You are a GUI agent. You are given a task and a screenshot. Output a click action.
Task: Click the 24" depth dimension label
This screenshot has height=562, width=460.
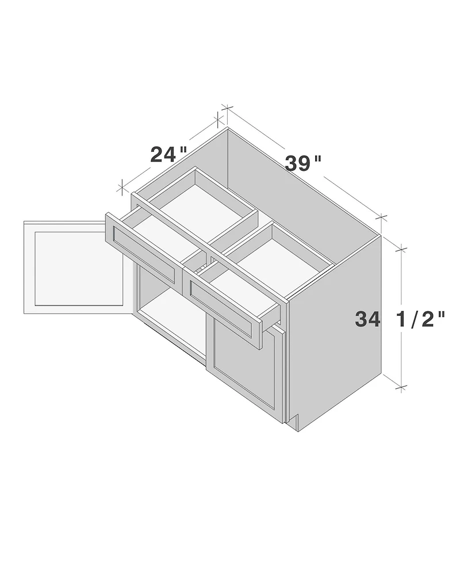point(168,154)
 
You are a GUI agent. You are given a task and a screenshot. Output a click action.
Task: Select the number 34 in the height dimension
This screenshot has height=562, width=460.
point(367,319)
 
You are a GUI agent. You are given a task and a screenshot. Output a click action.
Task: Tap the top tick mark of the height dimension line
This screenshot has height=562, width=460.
point(401,249)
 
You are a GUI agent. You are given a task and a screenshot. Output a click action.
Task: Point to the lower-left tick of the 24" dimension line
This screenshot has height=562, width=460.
point(121,186)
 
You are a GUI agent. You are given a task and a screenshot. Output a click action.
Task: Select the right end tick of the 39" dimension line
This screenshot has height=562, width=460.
point(382,217)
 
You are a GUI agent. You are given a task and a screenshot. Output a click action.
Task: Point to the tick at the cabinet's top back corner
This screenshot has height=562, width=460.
point(227,108)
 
